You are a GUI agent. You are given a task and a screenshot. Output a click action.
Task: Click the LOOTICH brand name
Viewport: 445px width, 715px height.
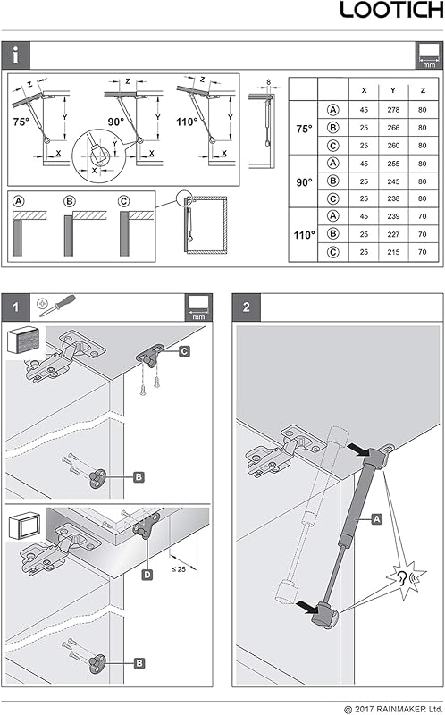click(391, 10)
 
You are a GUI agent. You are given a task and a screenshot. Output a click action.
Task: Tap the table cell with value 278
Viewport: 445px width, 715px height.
click(393, 110)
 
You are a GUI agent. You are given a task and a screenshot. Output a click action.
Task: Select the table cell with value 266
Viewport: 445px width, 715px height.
click(393, 128)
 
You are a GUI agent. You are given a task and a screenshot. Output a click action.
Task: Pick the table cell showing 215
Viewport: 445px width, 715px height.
click(393, 252)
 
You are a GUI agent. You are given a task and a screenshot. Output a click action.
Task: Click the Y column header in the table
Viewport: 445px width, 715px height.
click(393, 90)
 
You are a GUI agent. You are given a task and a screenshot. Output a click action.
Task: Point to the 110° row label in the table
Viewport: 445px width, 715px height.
click(304, 235)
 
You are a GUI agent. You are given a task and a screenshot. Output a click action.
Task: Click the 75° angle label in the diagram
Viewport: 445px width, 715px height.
click(21, 122)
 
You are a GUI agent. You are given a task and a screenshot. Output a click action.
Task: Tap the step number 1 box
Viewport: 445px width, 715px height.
click(15, 307)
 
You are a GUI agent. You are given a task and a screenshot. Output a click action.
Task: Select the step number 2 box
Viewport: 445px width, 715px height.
click(247, 307)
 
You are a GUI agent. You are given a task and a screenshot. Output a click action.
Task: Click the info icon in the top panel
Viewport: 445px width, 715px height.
click(16, 55)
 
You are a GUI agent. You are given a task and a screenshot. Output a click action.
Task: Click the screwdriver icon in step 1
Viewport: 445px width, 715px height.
click(57, 306)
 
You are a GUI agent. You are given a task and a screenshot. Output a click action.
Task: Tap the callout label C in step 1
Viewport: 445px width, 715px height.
click(184, 351)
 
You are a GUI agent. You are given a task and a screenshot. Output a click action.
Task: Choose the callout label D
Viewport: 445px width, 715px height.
click(147, 575)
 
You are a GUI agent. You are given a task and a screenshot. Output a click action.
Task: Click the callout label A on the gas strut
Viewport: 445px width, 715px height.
click(376, 519)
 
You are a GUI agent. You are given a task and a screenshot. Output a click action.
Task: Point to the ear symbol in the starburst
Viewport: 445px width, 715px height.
click(402, 579)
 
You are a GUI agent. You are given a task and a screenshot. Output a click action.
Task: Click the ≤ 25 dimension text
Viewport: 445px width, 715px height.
click(179, 569)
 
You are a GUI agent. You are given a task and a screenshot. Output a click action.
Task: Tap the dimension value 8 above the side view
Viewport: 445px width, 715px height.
click(269, 82)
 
